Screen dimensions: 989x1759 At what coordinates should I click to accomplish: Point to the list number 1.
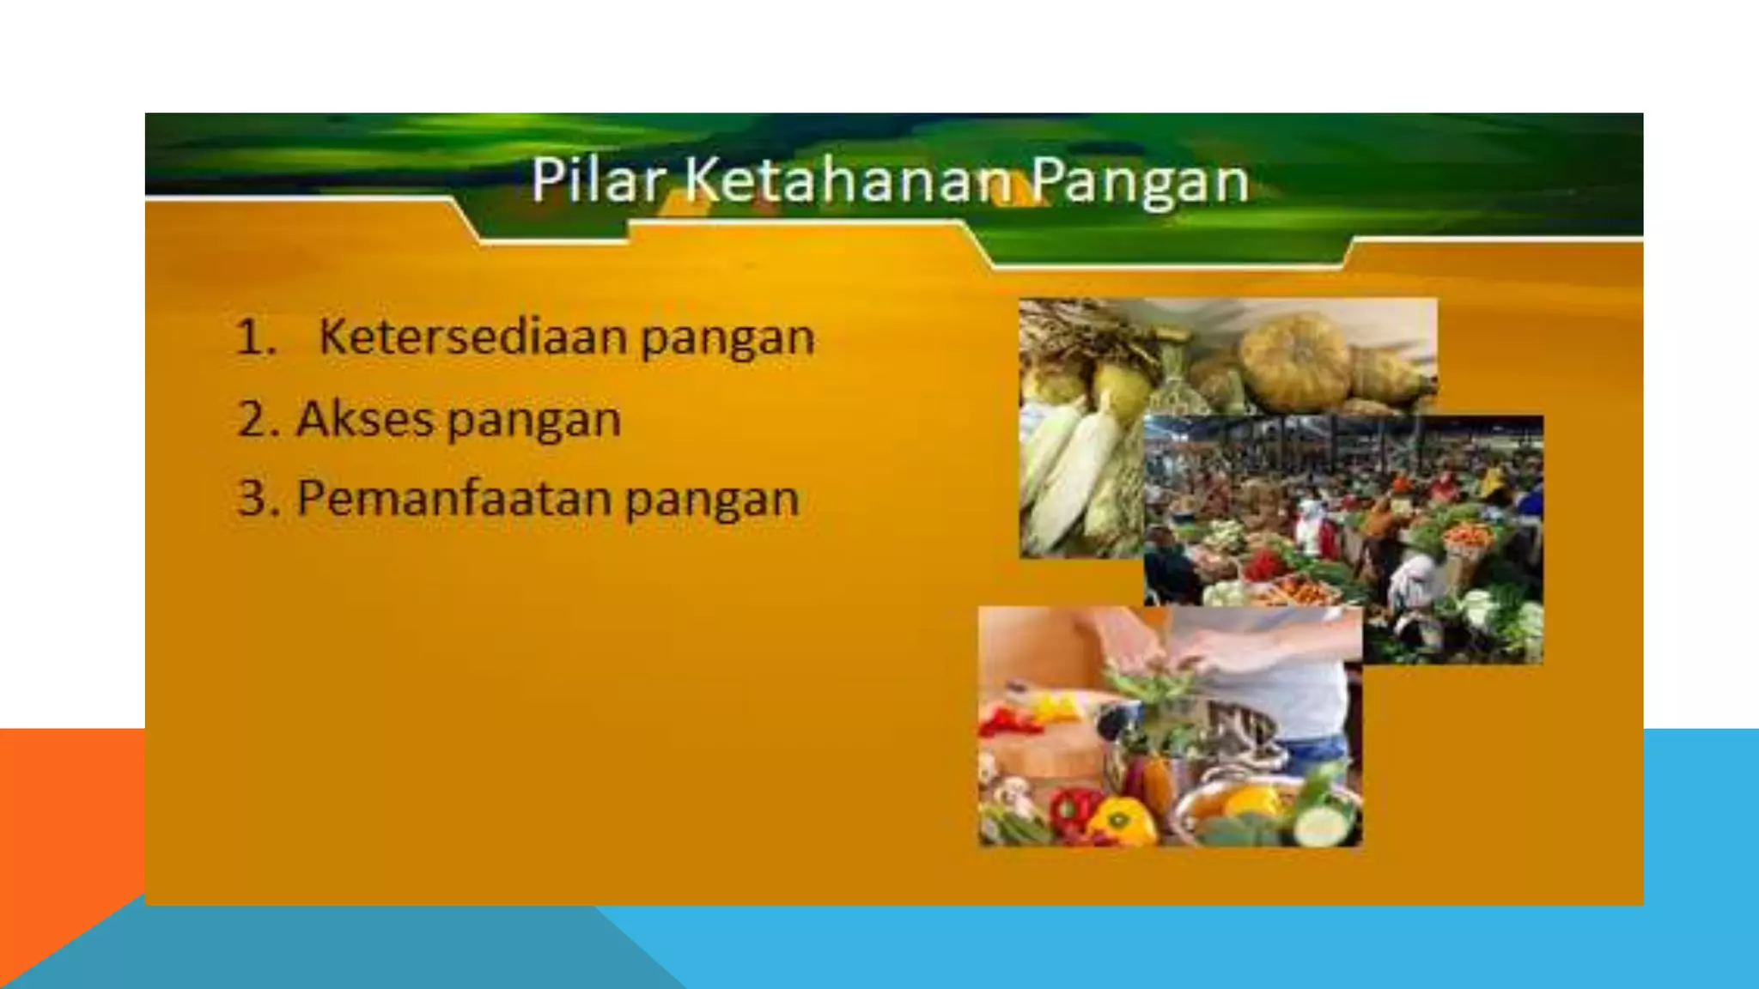[255, 337]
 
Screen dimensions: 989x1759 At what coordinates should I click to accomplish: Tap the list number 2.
[255, 420]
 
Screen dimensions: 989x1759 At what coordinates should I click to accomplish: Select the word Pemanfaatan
[452, 498]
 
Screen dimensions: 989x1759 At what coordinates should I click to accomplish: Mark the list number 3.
[255, 499]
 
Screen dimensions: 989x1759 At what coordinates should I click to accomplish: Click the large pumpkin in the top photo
[1297, 361]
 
